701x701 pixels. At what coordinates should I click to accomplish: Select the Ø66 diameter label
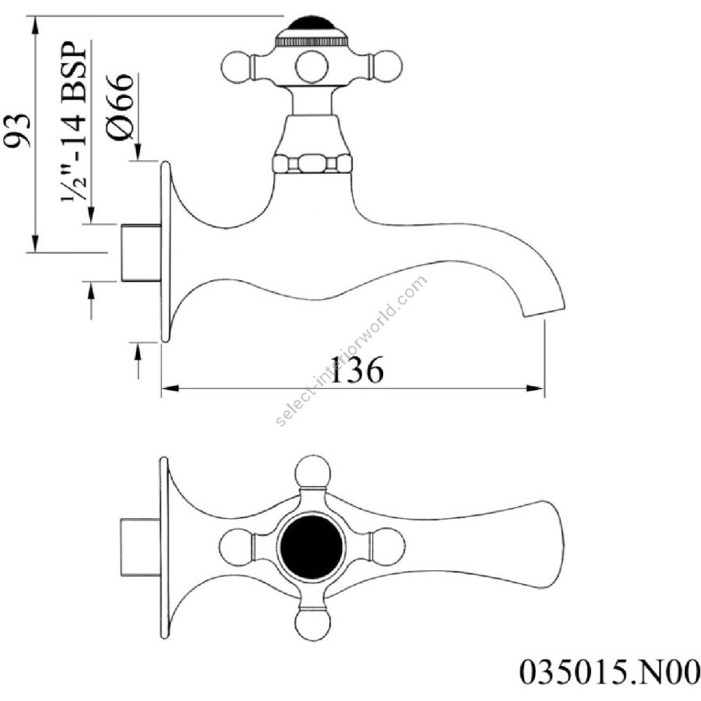(121, 107)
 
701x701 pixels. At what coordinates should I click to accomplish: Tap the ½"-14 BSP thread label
(74, 122)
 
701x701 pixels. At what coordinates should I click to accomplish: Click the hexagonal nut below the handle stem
(312, 164)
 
